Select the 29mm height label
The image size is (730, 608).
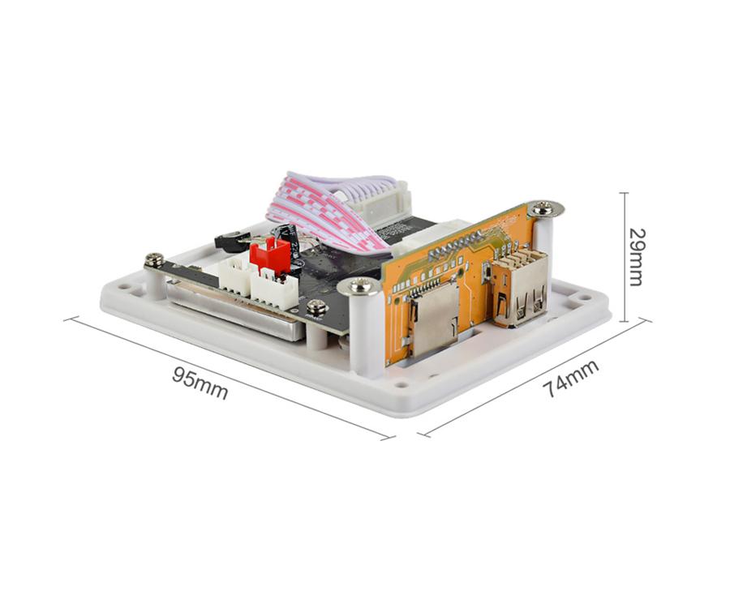tap(637, 256)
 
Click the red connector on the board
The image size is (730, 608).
tap(270, 255)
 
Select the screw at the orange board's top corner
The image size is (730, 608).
tap(545, 209)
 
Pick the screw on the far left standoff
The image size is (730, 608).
tap(154, 260)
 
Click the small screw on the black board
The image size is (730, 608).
tap(318, 306)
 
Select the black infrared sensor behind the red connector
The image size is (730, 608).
tap(229, 239)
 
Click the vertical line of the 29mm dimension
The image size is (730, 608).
tap(624, 256)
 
